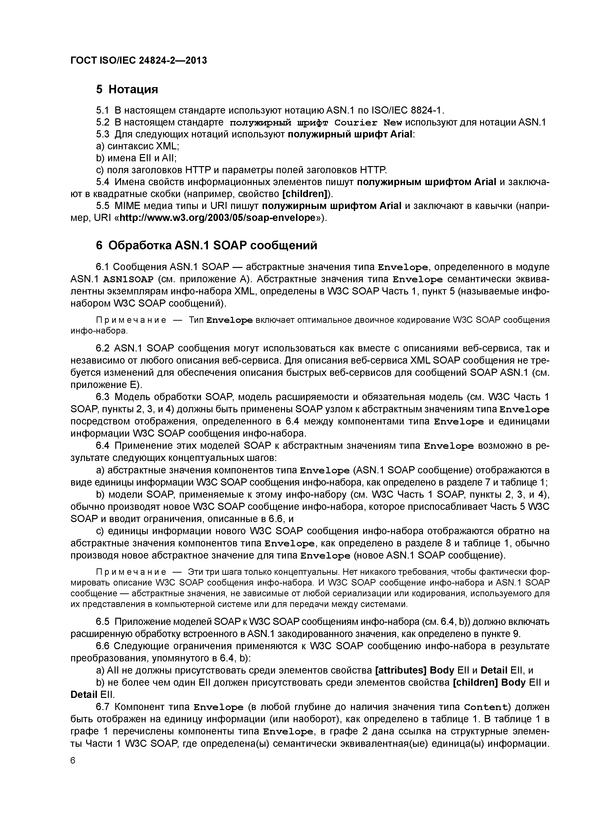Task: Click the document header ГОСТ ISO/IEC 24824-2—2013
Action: (139, 60)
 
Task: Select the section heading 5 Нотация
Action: (127, 89)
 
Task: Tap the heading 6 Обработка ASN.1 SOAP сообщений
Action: (206, 245)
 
